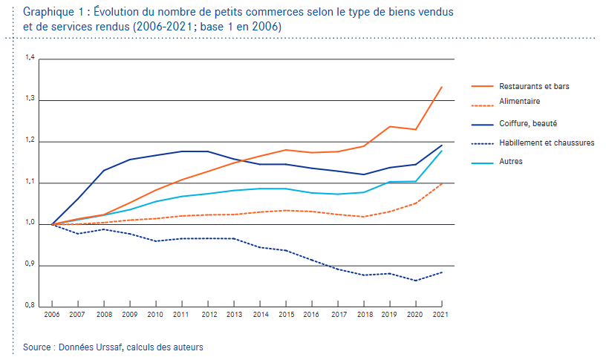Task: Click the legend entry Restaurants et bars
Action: pos(534,86)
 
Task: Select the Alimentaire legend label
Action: pos(520,101)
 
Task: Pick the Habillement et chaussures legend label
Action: pos(547,142)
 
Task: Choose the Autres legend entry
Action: pos(512,160)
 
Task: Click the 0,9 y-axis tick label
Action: pos(30,264)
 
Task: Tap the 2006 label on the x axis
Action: pos(51,315)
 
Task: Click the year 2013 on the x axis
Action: pos(234,315)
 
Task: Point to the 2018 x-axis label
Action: pos(364,315)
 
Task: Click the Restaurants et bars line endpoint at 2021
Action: pos(443,87)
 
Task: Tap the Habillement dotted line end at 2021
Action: pos(443,272)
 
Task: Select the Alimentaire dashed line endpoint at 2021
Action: pos(443,183)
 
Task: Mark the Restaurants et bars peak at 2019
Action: pos(390,126)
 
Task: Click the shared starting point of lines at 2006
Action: pos(51,224)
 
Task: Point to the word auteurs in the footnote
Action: pos(186,347)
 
